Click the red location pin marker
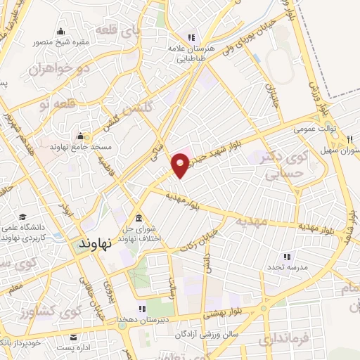pyautogui.click(x=181, y=165)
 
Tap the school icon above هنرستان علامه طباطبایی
pyautogui.click(x=190, y=37)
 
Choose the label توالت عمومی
pyautogui.click(x=312, y=129)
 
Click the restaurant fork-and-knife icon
pyautogui.click(x=349, y=141)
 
